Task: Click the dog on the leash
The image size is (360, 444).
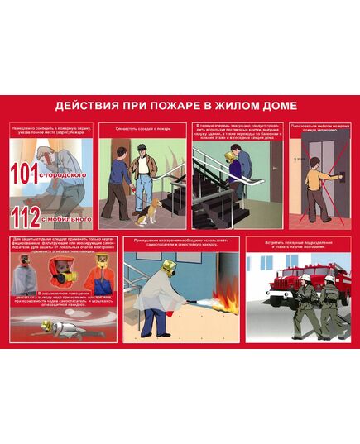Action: click(146, 214)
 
